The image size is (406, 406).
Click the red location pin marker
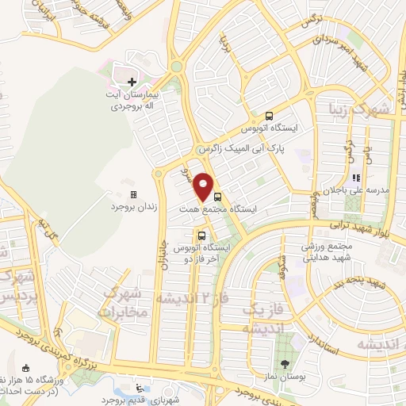pos(205,187)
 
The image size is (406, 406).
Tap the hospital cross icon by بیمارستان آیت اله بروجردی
pos(132,82)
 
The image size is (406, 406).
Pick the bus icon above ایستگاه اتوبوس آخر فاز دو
pos(201,236)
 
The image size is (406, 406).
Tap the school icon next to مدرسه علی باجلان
pos(356,178)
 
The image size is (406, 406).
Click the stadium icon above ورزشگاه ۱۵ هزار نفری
pos(27,368)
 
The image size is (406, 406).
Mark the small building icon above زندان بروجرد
pos(132,194)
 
